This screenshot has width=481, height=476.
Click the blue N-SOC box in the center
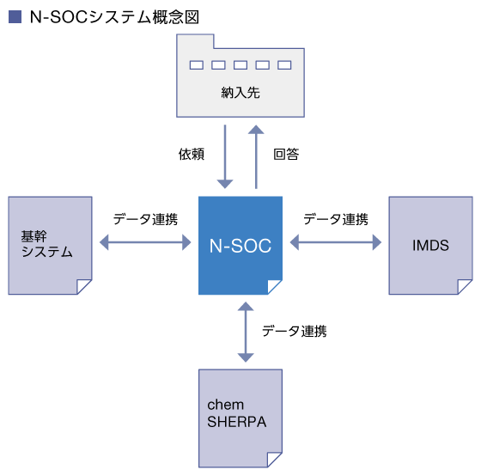pos(240,246)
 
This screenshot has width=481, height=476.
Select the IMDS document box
pos(430,246)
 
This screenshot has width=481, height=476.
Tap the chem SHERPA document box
pos(240,418)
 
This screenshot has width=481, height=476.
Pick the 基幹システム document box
pos(50,246)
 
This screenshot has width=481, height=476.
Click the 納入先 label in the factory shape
pos(240,93)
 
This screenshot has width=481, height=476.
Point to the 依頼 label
pos(192,154)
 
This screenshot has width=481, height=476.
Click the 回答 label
pos(286,154)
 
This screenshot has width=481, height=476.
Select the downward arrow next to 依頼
pos(225,156)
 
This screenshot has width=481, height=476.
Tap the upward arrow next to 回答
pos(256,156)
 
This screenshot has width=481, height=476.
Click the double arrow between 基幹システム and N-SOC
pos(145,242)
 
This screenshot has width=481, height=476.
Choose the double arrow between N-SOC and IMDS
pos(336,242)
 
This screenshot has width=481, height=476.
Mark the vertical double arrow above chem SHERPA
pos(246,332)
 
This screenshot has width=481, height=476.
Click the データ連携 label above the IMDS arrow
pos(336,219)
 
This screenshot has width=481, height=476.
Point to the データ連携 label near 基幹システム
pos(145,219)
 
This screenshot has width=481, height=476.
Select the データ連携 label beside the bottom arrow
pos(294,331)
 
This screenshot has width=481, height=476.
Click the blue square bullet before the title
pos(15,17)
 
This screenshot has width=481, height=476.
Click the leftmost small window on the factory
pos(197,65)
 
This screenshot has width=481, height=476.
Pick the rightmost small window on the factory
pos(284,65)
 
